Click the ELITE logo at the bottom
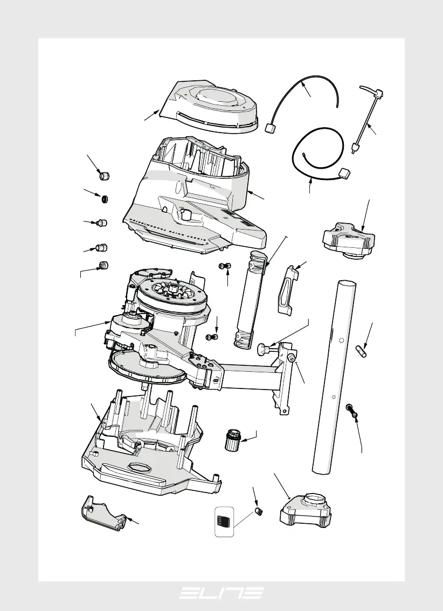[x=221, y=593]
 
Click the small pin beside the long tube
[x=363, y=350]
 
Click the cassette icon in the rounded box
[x=224, y=521]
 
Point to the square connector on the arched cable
[x=271, y=127]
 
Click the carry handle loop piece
[x=288, y=289]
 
